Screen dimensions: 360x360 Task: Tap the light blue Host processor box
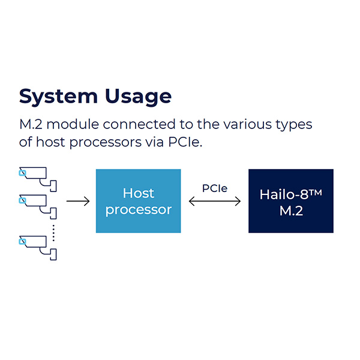[x=138, y=201]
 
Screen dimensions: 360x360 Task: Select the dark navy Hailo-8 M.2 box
[x=290, y=201]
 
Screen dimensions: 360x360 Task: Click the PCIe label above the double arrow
[x=214, y=187]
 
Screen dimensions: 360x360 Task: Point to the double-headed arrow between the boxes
[x=214, y=202]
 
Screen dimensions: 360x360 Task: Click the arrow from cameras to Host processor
[x=77, y=202]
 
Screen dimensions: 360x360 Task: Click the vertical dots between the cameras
[x=53, y=232]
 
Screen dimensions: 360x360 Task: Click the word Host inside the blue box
[x=138, y=193]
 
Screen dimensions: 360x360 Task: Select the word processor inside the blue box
[x=138, y=210]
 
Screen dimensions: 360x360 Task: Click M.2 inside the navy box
[x=290, y=211]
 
